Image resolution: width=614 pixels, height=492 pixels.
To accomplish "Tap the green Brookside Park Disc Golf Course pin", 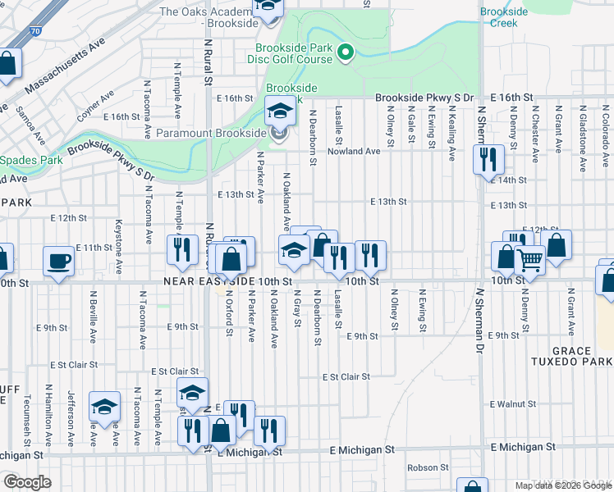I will (x=346, y=54).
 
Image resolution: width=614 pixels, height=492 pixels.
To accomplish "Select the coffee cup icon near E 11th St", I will (x=57, y=262).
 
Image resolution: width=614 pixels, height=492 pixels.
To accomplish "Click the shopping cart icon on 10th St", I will (x=529, y=261).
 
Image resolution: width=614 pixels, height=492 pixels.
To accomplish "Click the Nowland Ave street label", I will (x=354, y=152).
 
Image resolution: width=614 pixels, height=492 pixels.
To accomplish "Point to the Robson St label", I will (x=428, y=467).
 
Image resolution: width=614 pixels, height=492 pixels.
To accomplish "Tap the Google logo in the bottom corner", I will (x=27, y=482).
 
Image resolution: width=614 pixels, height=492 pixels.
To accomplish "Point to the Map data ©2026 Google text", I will (x=562, y=485).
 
